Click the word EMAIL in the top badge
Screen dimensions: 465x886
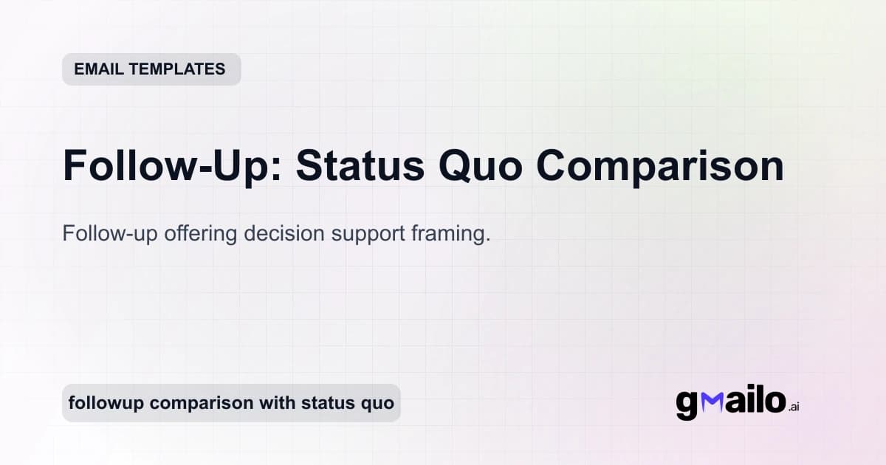99,69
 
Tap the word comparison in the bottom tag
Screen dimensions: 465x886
196,404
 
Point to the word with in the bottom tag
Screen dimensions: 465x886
272,404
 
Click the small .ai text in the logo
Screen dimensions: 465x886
794,407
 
